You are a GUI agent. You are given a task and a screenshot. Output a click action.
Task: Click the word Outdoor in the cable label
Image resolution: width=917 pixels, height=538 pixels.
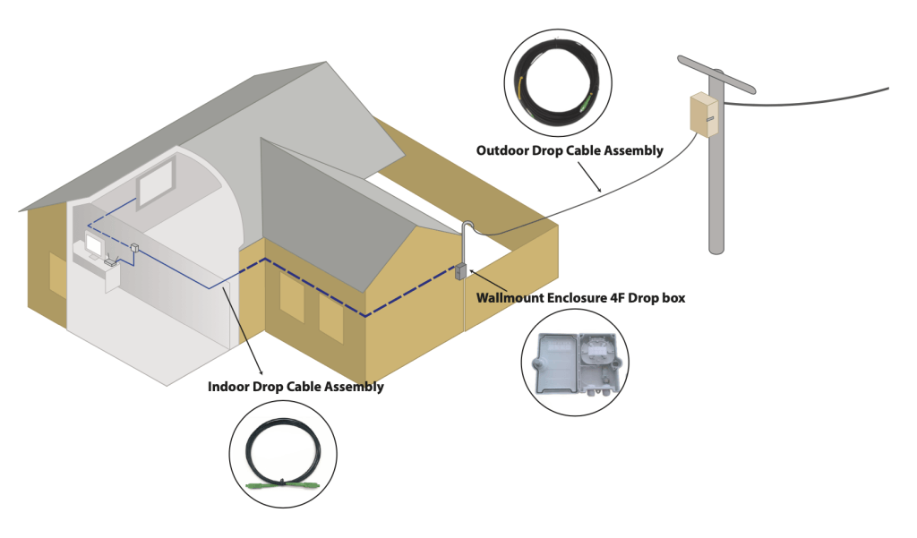click(x=501, y=150)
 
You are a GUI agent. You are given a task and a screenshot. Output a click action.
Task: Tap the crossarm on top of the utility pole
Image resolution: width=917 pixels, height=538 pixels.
click(x=716, y=74)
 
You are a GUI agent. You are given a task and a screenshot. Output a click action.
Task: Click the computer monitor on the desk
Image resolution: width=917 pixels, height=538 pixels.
click(x=95, y=243)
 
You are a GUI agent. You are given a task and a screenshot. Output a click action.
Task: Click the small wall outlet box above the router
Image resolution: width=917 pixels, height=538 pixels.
click(x=133, y=247)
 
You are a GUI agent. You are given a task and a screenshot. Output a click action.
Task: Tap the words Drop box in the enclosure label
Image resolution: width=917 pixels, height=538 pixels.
click(x=662, y=298)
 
